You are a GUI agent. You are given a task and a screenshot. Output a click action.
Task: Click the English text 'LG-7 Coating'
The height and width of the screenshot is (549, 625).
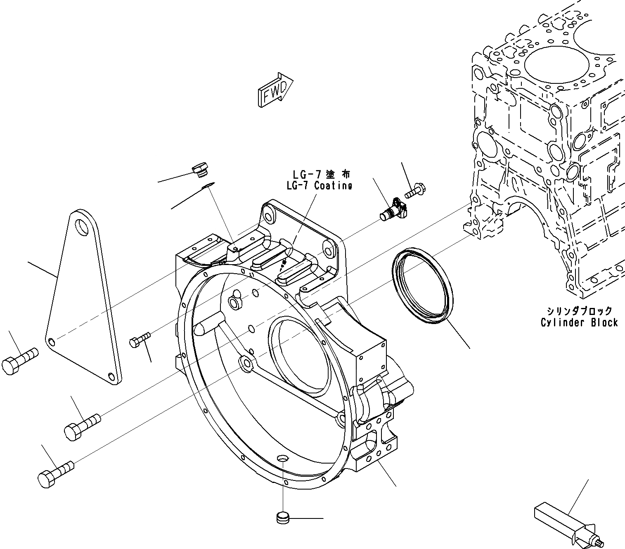pos(320,186)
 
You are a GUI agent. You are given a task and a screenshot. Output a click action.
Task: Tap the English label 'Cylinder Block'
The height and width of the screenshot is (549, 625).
pos(579,322)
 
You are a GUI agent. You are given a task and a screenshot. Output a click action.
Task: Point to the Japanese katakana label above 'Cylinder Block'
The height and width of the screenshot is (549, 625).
pos(579,311)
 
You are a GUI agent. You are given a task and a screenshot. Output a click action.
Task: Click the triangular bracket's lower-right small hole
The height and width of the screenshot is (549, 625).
pos(111,376)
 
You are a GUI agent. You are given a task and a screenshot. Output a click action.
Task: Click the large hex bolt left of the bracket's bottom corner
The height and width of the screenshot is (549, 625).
pos(19,360)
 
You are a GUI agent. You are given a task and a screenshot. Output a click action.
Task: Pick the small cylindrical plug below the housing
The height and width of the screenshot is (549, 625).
pos(282,518)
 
